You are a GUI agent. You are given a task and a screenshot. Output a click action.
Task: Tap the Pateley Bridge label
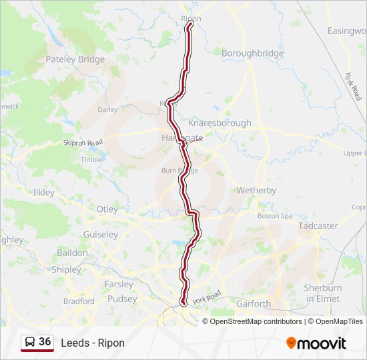click(75, 59)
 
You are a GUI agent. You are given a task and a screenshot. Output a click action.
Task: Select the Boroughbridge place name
click(252, 53)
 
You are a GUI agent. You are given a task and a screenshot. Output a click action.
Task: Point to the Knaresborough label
click(220, 123)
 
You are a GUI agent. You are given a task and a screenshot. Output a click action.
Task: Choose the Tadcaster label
click(318, 225)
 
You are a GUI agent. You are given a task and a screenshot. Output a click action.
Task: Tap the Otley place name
click(107, 209)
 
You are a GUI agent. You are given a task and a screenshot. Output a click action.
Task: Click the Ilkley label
click(43, 192)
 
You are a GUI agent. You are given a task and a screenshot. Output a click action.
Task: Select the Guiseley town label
click(100, 235)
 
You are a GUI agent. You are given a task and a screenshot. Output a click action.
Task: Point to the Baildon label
click(72, 253)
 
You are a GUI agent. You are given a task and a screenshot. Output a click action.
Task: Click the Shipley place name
click(66, 270)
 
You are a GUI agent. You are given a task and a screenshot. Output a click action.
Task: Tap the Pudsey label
click(121, 299)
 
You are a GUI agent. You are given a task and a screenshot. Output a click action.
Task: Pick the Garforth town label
click(254, 303)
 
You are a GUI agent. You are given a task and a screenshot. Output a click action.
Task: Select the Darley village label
click(107, 109)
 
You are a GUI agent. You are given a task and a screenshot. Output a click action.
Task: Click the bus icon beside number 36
click(30, 343)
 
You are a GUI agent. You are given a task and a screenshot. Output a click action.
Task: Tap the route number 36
click(45, 342)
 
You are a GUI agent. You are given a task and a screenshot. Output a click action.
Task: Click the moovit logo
click(316, 343)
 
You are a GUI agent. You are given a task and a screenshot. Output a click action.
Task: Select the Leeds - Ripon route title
click(92, 343)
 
